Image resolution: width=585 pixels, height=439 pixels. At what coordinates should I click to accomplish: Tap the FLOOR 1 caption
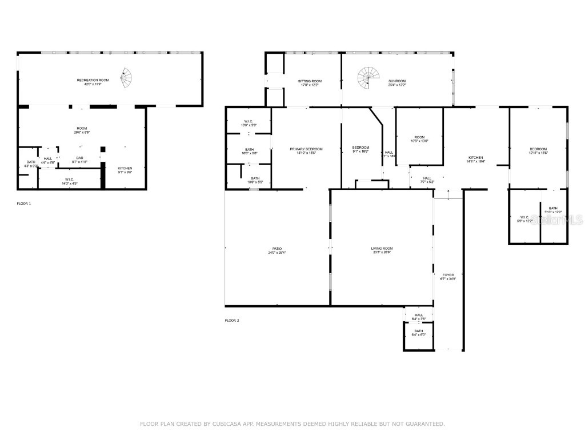(24, 203)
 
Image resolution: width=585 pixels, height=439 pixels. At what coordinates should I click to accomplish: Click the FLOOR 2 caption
(232, 321)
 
